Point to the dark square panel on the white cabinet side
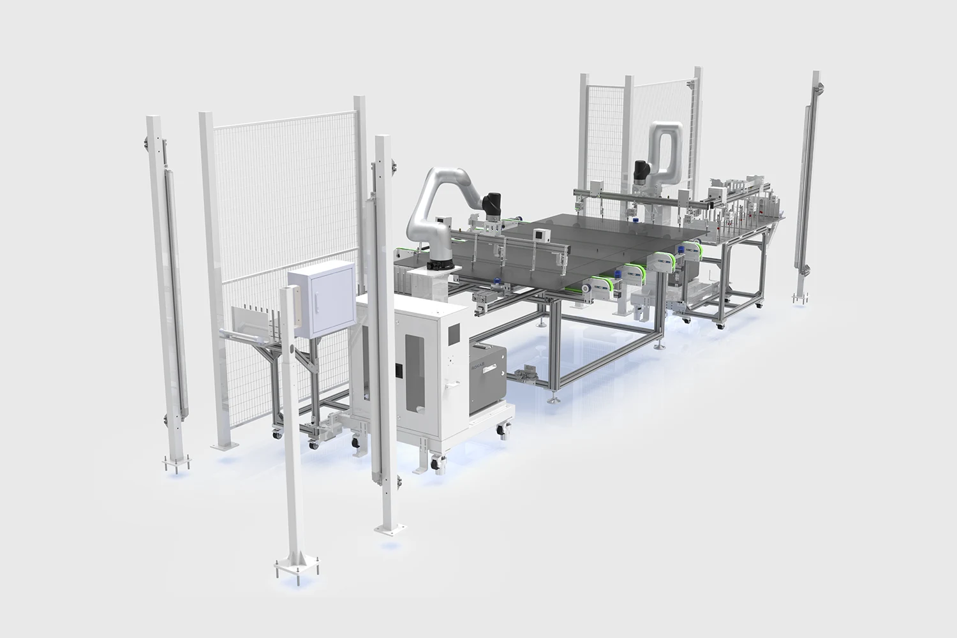454,332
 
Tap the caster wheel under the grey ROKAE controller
503,434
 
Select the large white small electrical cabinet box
320,300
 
